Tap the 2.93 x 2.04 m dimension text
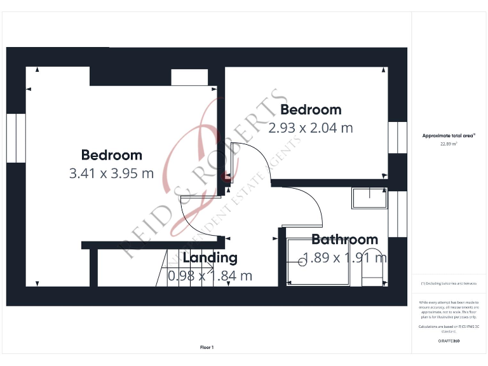pos(310,128)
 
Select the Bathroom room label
pos(344,240)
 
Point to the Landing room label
pos(210,258)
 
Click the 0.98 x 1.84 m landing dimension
pos(210,276)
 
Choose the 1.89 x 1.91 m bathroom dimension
pos(344,258)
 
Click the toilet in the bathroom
pos(371,275)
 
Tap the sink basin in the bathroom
pos(369,199)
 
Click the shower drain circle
pos(301,261)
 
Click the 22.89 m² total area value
pos(449,144)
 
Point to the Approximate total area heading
pos(449,135)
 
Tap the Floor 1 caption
pos(207,348)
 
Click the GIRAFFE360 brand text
pos(449,341)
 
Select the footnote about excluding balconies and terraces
pos(449,283)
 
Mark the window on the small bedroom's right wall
pos(398,137)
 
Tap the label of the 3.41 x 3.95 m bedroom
pos(111,155)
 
